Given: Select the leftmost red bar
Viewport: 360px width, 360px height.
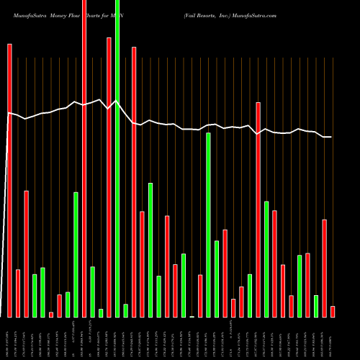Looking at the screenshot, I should tap(9, 180).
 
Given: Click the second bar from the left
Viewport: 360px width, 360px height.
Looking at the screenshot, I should tap(18, 293).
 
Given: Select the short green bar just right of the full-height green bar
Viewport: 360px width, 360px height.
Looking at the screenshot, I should tap(126, 310).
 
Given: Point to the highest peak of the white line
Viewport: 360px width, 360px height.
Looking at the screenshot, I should tap(99, 100).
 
